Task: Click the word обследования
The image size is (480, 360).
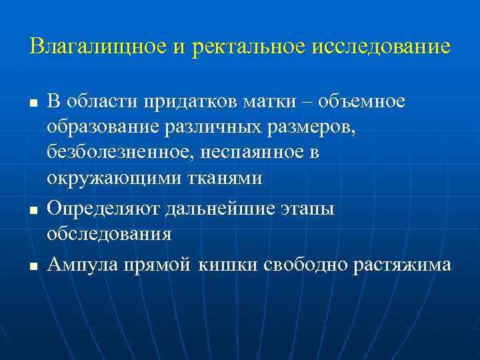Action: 109,234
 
